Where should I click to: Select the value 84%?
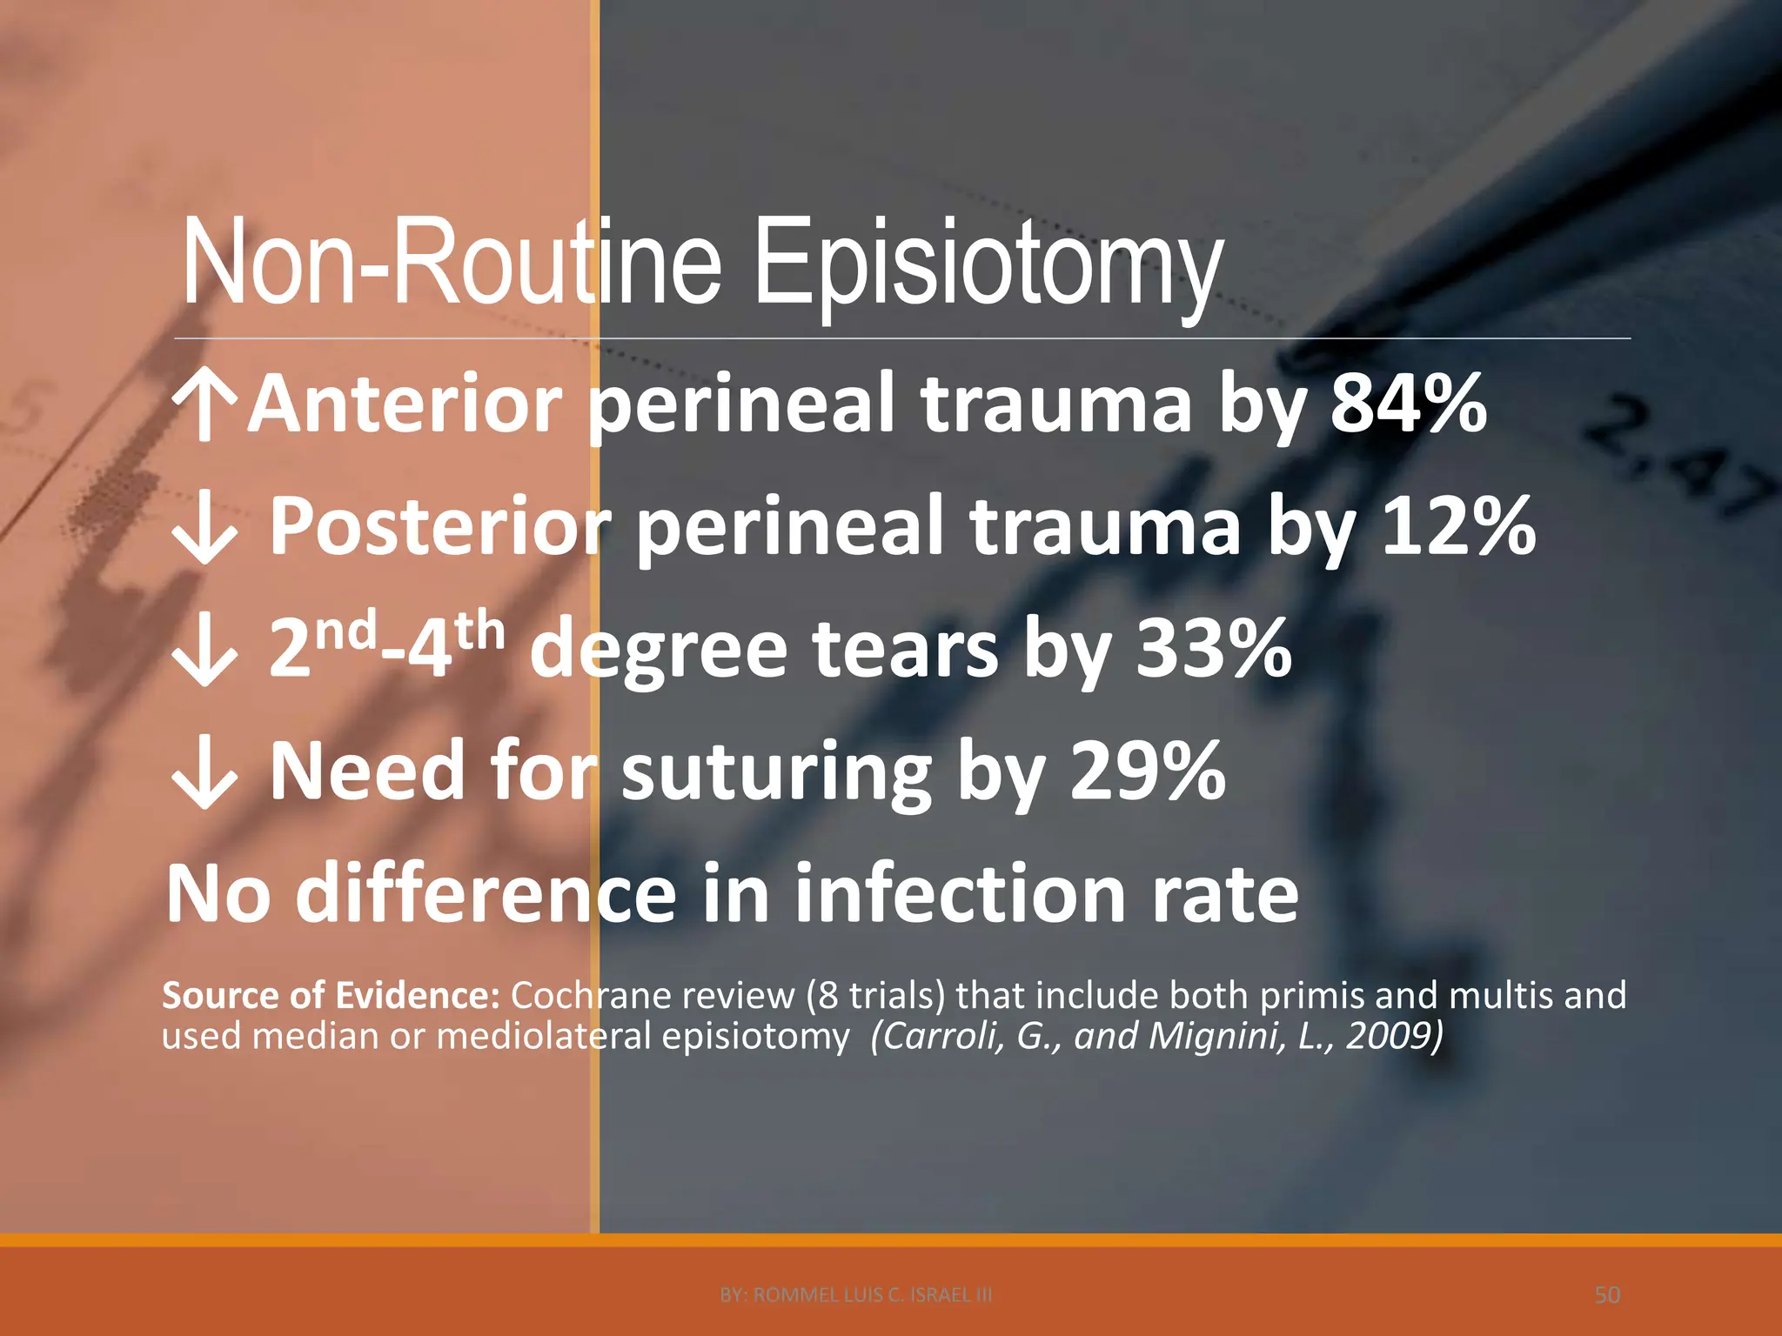[1408, 404]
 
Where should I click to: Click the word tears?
[905, 651]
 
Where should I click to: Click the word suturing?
[775, 772]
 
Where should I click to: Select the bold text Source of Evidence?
[331, 995]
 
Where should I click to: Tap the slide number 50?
[1607, 1295]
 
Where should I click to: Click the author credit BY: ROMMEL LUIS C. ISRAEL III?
[856, 1295]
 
